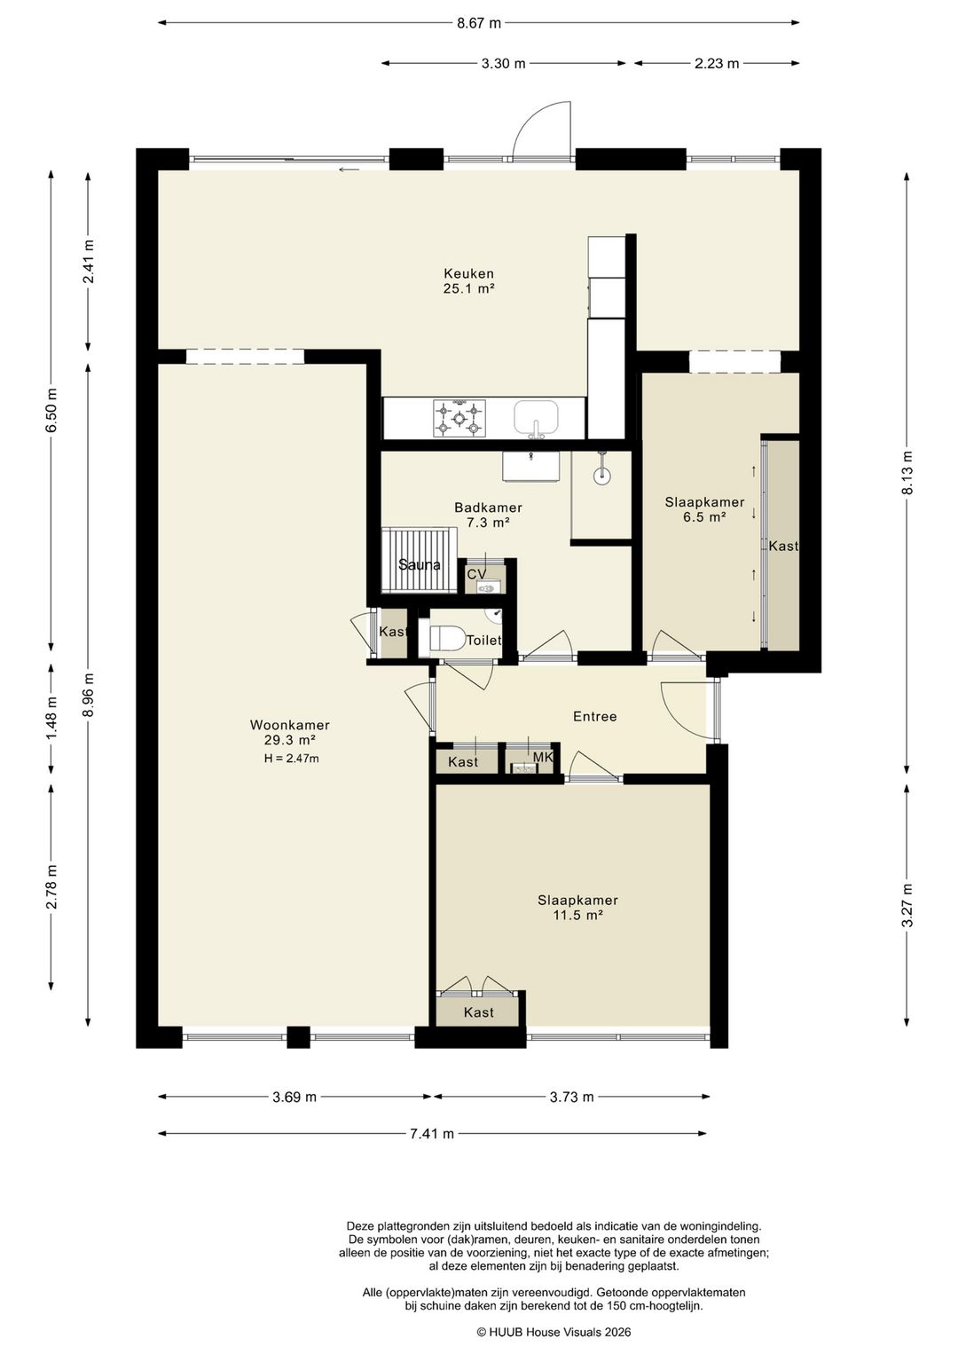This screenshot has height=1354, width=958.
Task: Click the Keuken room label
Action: (x=468, y=274)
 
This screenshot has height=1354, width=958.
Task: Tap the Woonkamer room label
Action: (x=289, y=725)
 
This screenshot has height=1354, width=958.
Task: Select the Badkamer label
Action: (x=488, y=508)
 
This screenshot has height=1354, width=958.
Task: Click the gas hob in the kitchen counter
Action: (x=459, y=418)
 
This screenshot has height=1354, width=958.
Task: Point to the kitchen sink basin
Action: (x=536, y=418)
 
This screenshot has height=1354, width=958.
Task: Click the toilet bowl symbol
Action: (x=446, y=638)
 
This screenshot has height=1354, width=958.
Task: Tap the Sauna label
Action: (x=420, y=565)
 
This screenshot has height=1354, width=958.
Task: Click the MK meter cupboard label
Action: (x=544, y=758)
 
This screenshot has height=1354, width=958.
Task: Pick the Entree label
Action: (x=594, y=716)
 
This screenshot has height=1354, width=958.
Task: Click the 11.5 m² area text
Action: (x=577, y=915)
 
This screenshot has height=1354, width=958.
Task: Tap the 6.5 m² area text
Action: (x=704, y=516)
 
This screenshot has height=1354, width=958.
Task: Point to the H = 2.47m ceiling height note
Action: (x=291, y=759)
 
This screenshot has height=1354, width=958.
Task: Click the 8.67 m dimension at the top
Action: (x=479, y=24)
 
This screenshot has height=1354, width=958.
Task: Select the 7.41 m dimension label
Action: (x=432, y=1133)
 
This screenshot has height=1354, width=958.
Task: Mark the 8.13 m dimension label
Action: (x=907, y=473)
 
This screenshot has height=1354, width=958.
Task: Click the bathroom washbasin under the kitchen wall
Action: (x=530, y=467)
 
